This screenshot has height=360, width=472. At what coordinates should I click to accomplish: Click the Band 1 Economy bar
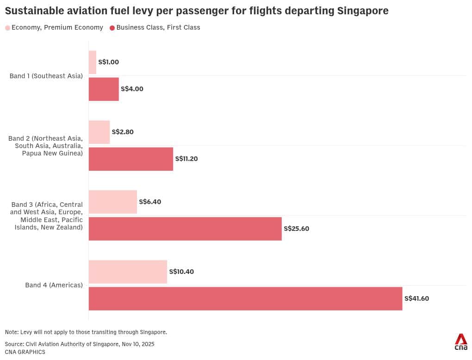[x=93, y=62]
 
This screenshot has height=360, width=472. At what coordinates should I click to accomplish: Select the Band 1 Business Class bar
[x=104, y=89]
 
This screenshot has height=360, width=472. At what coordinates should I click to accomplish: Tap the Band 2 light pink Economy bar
[x=99, y=132]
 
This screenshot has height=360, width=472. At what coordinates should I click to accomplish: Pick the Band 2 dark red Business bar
[x=130, y=159]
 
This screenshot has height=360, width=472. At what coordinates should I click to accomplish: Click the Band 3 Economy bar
[x=112, y=202]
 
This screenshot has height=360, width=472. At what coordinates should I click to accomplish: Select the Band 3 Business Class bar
[x=185, y=229]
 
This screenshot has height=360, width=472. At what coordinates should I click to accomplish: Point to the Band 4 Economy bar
[x=128, y=272]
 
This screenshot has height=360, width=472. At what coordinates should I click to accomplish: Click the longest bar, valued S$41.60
[x=245, y=298]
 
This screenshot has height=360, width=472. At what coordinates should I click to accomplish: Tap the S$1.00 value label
[x=109, y=62]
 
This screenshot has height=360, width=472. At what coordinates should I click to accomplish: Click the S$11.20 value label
[x=186, y=159]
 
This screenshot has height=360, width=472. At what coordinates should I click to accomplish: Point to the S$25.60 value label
[x=296, y=229]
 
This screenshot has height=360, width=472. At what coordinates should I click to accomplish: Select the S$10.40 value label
[x=181, y=272]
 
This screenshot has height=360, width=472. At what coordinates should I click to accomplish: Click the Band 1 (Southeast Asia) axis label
[x=46, y=76]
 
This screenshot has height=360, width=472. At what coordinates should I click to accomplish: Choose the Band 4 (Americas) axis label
[x=54, y=285]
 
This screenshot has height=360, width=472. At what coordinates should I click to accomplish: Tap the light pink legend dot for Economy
[x=7, y=28]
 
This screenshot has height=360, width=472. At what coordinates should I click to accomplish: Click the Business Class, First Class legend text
[x=158, y=28]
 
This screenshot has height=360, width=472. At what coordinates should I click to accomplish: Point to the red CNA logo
[x=460, y=341]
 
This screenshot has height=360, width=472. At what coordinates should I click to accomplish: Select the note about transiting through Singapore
[x=86, y=332]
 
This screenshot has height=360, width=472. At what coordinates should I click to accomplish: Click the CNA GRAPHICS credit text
[x=25, y=352]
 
